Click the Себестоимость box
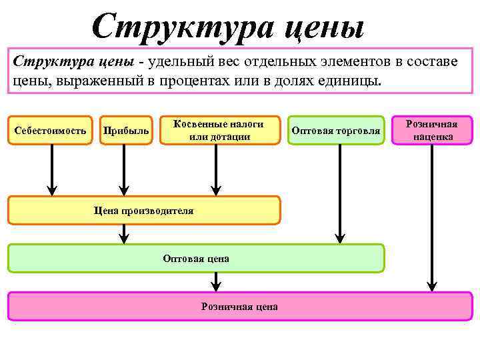(x=50, y=131)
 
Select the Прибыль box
(x=126, y=131)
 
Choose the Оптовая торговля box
(x=336, y=131)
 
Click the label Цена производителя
(x=144, y=211)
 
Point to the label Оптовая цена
(x=196, y=258)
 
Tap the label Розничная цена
(x=239, y=307)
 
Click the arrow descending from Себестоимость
(x=51, y=169)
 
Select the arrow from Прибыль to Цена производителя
(x=123, y=169)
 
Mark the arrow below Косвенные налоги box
(x=215, y=169)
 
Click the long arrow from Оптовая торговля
(x=340, y=193)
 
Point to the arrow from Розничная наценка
(x=432, y=217)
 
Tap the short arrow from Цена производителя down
(x=123, y=233)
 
